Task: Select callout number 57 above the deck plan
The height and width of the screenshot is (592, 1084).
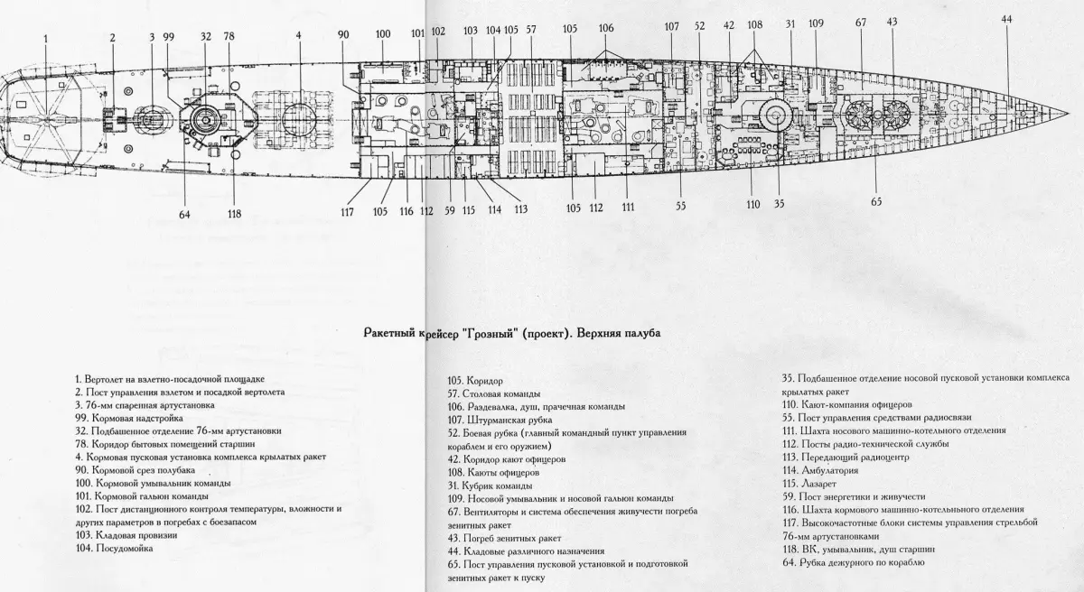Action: (531, 30)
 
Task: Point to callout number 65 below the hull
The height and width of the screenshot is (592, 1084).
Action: (875, 201)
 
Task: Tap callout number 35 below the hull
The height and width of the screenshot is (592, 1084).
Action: (779, 204)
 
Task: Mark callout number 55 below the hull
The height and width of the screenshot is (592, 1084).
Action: (681, 205)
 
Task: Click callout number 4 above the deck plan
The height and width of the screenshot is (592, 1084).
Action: (298, 37)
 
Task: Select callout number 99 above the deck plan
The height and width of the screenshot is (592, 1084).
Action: (168, 37)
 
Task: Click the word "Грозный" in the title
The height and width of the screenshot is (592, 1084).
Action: (490, 334)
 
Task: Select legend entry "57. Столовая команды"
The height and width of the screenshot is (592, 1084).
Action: (495, 394)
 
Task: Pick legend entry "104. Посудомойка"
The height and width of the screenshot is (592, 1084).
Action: (116, 548)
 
